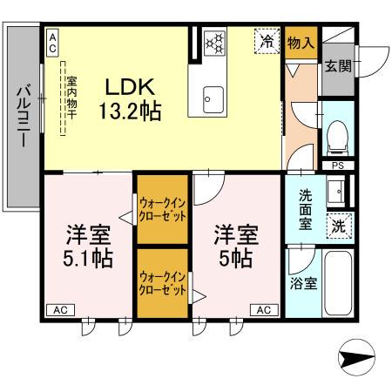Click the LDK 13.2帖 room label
click(131, 99)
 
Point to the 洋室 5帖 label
click(235, 247)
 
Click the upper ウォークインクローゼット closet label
click(162, 209)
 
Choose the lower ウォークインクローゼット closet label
click(162, 282)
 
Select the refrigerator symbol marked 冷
click(267, 41)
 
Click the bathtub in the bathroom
click(337, 286)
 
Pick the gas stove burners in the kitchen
click(213, 43)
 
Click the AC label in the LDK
click(52, 38)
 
